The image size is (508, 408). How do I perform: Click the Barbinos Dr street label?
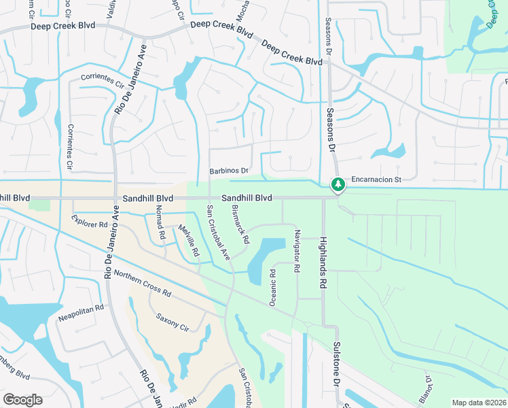tap(230, 171)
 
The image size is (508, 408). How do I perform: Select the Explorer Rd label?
tap(90, 222)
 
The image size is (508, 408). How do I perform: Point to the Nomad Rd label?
tap(161, 226)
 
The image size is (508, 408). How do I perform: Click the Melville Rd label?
tap(188, 240)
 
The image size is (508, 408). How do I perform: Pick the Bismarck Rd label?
tap(240, 225)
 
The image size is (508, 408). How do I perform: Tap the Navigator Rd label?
tap(296, 251)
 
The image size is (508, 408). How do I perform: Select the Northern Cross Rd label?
tap(142, 282)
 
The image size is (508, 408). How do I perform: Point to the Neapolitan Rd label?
tap(80, 307)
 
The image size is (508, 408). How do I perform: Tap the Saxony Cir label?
tap(171, 320)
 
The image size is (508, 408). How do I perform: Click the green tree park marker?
tap(338, 184)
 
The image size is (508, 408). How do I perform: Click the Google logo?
tap(22, 400)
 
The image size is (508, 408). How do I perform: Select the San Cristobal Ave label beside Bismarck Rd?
tap(219, 232)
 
